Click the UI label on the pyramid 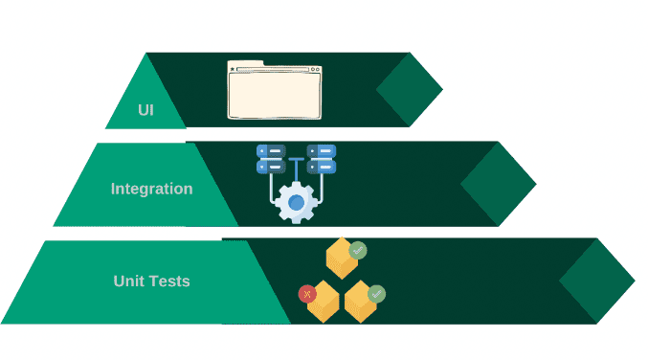[x=145, y=109]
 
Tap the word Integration [x=151, y=189]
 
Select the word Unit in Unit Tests [x=131, y=281]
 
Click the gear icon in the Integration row [x=296, y=202]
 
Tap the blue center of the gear [x=296, y=202]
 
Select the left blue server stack [x=271, y=159]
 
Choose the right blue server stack [x=322, y=159]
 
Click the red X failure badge [x=307, y=294]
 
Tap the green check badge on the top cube [x=358, y=251]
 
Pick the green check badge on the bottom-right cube [x=376, y=294]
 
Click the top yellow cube [x=340, y=259]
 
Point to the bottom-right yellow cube [x=360, y=302]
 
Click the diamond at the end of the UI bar [x=410, y=90]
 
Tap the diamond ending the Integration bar [x=498, y=184]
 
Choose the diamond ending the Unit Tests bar [x=596, y=281]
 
